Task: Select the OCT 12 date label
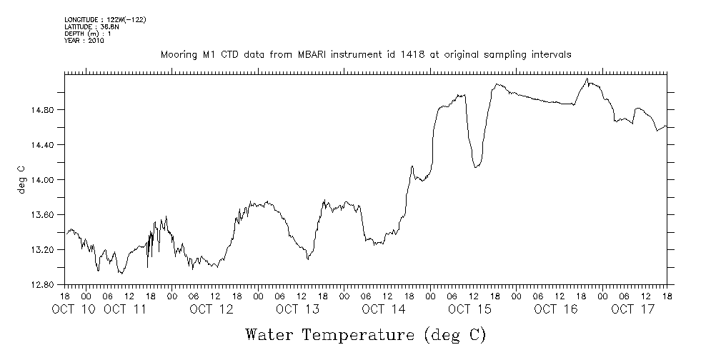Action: [212, 309]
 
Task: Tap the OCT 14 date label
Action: [383, 309]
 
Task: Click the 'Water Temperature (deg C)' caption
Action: [365, 334]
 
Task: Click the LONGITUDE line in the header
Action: [105, 20]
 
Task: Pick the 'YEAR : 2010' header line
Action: [84, 41]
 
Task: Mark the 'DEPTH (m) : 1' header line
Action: [87, 34]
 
